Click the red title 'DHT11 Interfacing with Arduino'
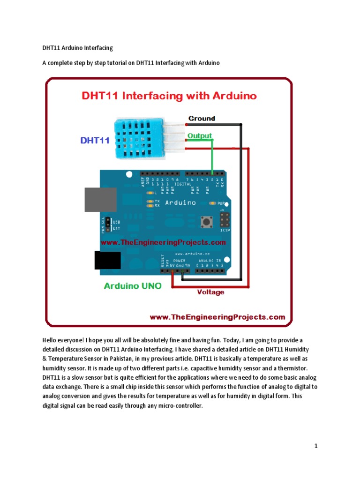coord(169,96)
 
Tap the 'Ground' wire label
coord(202,119)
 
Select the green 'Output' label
coord(200,136)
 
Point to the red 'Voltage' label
coord(210,292)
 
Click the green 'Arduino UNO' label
coord(132,285)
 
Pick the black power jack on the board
coord(107,261)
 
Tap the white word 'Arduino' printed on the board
coord(180,203)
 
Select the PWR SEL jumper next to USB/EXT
coord(107,224)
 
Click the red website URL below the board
coord(217,317)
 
